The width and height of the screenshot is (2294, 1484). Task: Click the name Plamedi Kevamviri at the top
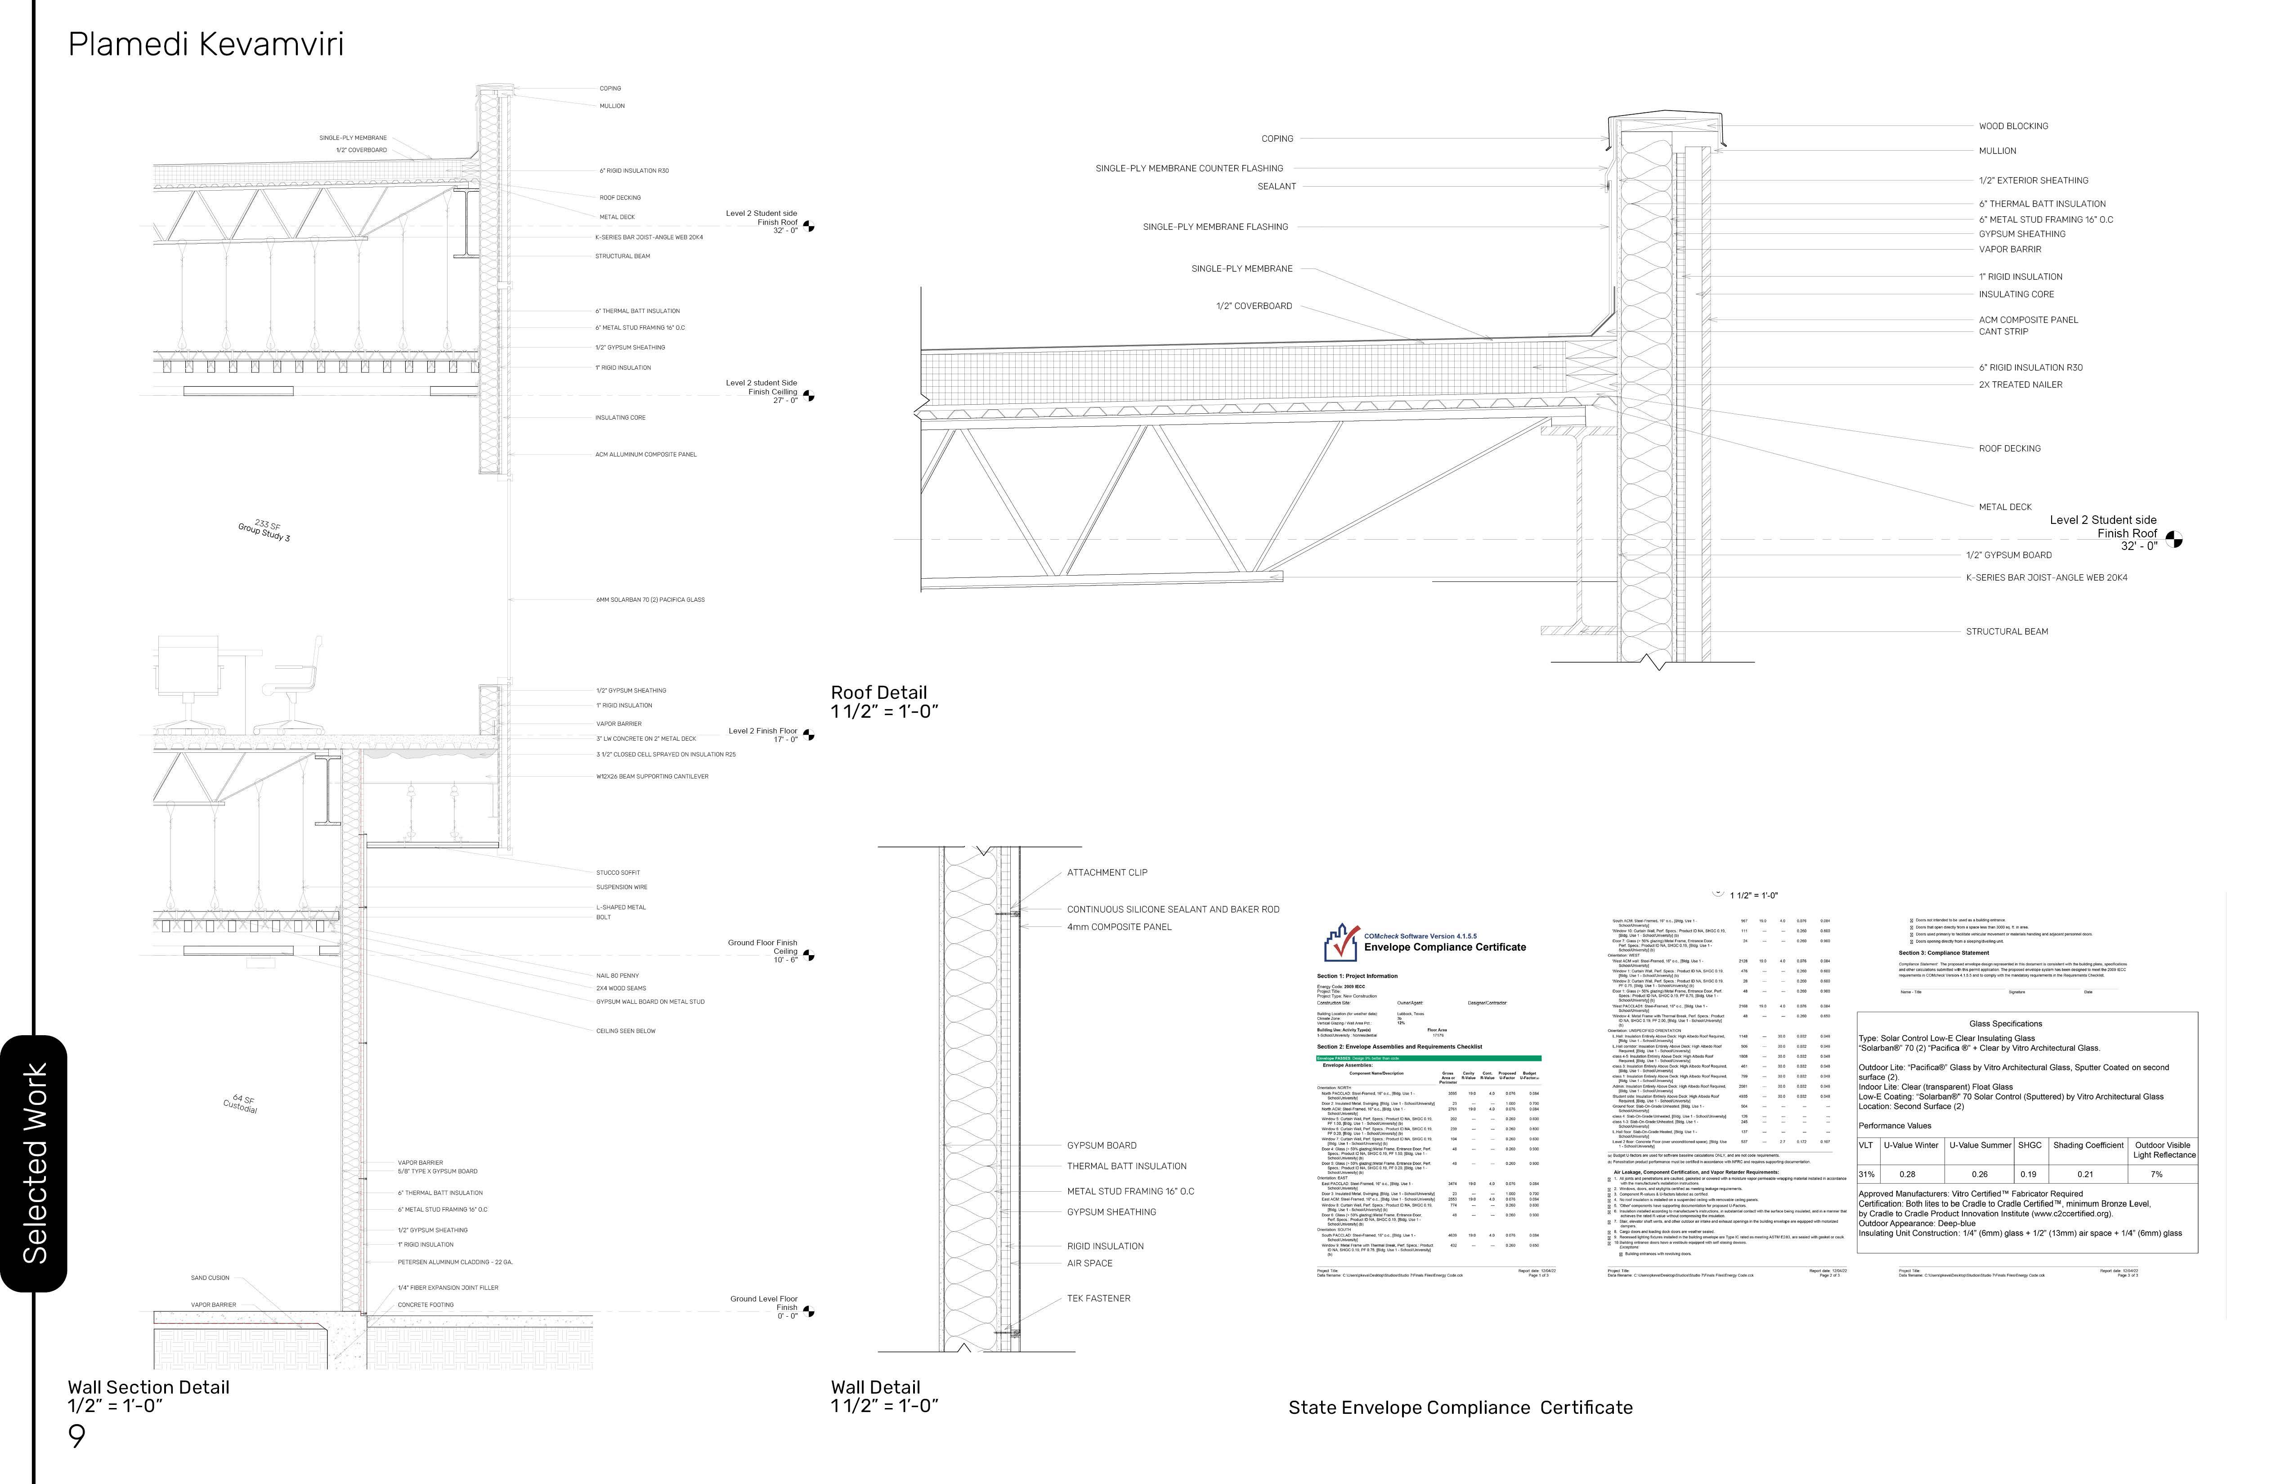[x=205, y=45]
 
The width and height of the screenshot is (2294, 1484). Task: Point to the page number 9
[x=76, y=1436]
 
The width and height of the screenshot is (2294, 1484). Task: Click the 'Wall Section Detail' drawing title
[x=148, y=1387]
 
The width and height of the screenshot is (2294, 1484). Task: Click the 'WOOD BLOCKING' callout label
[x=2013, y=126]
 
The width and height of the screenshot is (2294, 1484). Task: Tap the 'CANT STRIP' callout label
[x=2003, y=331]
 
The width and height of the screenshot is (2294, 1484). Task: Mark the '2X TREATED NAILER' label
[x=2020, y=384]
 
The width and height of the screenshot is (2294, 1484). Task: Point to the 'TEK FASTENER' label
[x=1098, y=1298]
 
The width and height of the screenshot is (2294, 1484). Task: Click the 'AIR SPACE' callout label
[x=1089, y=1263]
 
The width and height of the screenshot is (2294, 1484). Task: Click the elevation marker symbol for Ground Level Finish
[x=809, y=1311]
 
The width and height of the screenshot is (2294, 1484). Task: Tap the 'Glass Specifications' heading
[x=2005, y=1024]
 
